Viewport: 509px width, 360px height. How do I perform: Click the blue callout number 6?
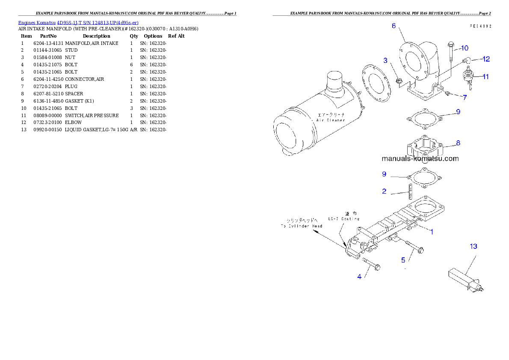pyautogui.click(x=394, y=26)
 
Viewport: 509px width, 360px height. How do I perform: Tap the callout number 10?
pyautogui.click(x=465, y=47)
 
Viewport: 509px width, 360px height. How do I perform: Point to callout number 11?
pyautogui.click(x=486, y=77)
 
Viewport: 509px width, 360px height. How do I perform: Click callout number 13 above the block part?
pyautogui.click(x=473, y=246)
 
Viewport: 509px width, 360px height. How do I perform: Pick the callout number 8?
pyautogui.click(x=458, y=143)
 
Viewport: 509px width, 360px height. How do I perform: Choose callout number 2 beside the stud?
pyautogui.click(x=384, y=191)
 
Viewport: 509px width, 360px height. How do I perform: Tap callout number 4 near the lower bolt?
pyautogui.click(x=359, y=277)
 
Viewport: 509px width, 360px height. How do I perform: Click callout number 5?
pyautogui.click(x=403, y=260)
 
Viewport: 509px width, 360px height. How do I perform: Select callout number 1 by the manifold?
pyautogui.click(x=432, y=232)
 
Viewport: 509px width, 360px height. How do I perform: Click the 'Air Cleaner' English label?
pyautogui.click(x=331, y=120)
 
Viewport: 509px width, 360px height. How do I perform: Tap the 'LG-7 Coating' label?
pyautogui.click(x=344, y=218)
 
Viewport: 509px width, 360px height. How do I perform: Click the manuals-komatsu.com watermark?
pyautogui.click(x=420, y=159)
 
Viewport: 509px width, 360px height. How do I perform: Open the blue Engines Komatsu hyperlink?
pyautogui.click(x=78, y=22)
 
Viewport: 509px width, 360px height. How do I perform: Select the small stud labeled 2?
pyautogui.click(x=409, y=192)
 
